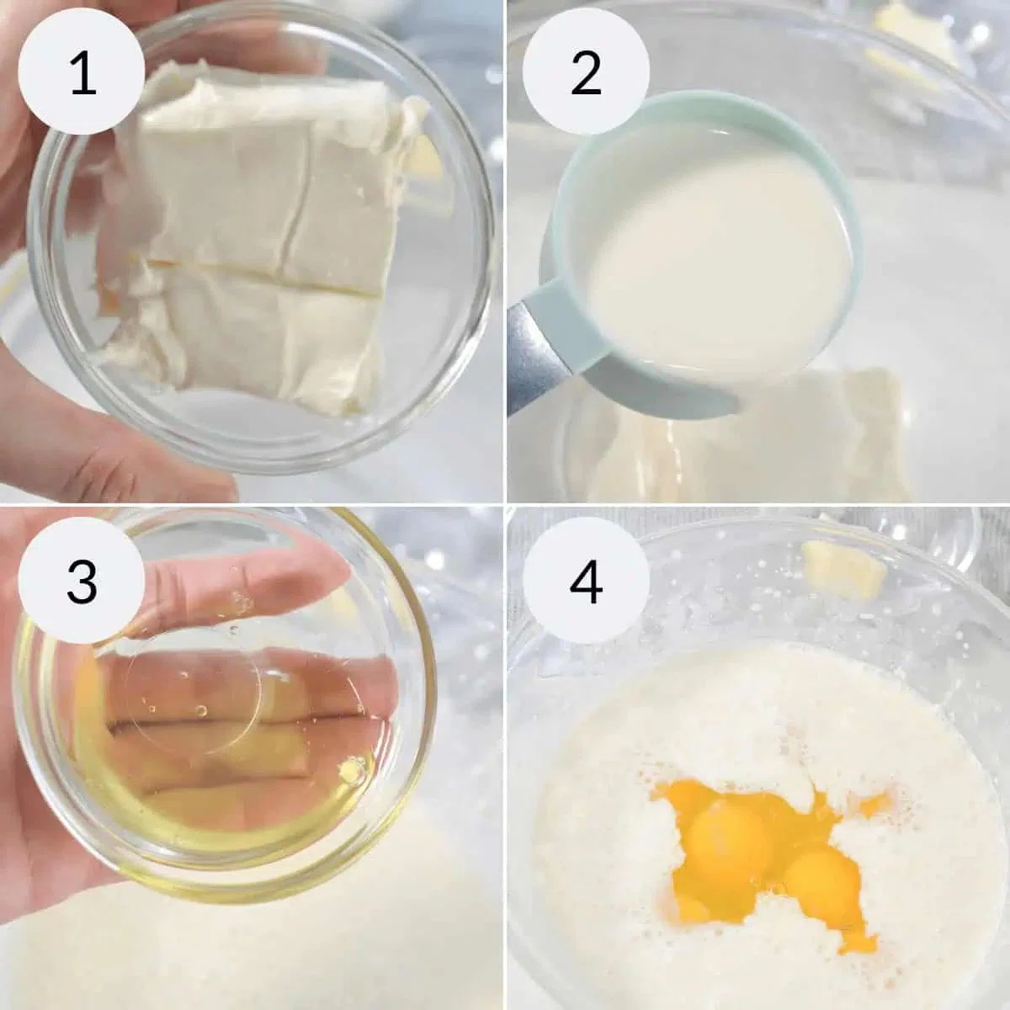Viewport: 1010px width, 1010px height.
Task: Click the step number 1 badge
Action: [82, 71]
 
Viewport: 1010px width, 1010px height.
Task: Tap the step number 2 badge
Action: [586, 71]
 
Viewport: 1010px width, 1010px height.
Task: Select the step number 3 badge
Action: [82, 580]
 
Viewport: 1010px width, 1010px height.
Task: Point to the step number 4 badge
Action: [586, 580]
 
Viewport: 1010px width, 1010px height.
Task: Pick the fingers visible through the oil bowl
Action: [247, 718]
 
